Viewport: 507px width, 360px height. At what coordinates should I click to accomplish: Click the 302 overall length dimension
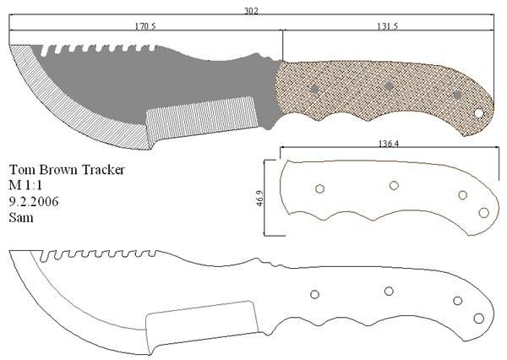[x=251, y=11]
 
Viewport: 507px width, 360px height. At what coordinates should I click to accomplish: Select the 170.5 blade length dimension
[x=145, y=26]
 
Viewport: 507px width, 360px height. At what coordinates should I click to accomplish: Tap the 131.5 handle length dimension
[x=387, y=26]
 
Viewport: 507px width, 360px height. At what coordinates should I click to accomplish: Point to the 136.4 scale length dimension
[x=389, y=144]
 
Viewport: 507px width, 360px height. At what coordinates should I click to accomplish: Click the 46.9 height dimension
[x=260, y=198]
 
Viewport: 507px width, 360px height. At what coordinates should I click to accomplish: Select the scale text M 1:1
[x=25, y=185]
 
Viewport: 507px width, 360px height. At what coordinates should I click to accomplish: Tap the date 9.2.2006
[x=34, y=201]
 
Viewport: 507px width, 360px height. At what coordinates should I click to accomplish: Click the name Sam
[x=21, y=217]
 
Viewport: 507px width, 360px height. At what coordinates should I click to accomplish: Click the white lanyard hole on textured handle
[x=478, y=113]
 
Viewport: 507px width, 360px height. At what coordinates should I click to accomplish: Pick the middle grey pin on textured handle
[x=389, y=86]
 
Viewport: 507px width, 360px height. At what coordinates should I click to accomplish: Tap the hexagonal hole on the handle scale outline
[x=319, y=189]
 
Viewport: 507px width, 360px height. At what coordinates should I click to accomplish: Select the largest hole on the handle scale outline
[x=483, y=213]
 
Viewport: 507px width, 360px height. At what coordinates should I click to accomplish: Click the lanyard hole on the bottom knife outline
[x=479, y=319]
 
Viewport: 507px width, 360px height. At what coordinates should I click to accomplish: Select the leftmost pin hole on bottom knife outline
[x=314, y=294]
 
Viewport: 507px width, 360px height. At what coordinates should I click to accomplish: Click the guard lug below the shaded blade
[x=268, y=123]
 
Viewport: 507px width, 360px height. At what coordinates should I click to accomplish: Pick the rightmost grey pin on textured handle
[x=457, y=95]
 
